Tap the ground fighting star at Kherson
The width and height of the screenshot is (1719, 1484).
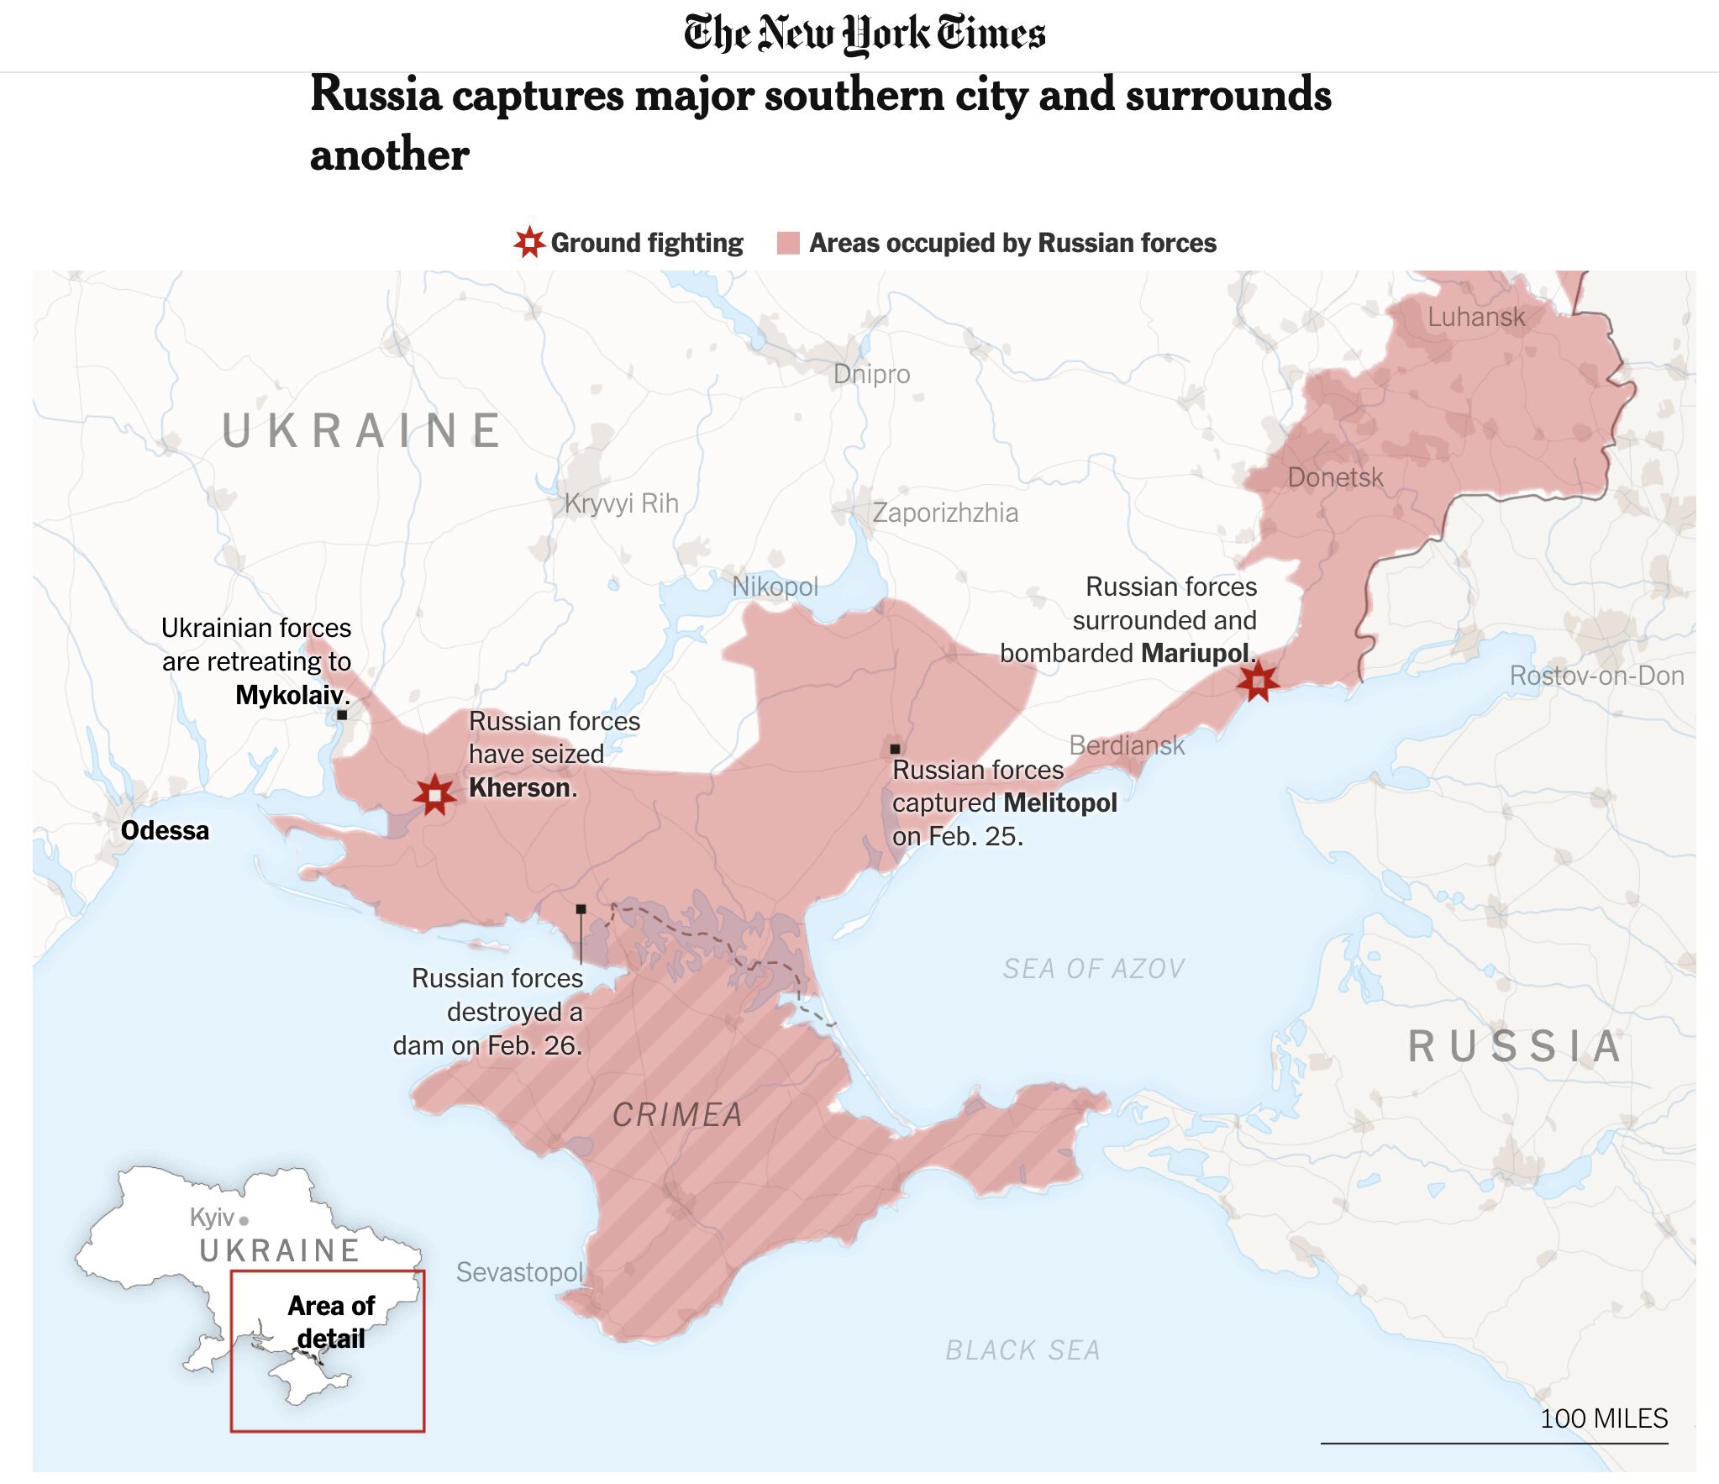[x=434, y=794]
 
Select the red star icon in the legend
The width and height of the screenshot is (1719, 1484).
[x=529, y=243]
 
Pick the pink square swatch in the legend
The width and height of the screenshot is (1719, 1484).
[x=788, y=243]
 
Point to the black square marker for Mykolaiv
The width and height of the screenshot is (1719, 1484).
[x=342, y=715]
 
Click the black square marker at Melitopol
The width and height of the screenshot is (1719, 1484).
[x=895, y=749]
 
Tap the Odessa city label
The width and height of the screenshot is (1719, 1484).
[x=165, y=830]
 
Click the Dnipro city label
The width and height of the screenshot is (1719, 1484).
[x=871, y=374]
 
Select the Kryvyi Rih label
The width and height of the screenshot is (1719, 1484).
[x=621, y=503]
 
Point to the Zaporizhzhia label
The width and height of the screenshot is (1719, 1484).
[x=944, y=513]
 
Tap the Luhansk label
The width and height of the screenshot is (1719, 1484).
[x=1475, y=317]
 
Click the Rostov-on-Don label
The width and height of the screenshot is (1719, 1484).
[x=1595, y=676]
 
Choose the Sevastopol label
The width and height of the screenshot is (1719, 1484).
[x=519, y=1272]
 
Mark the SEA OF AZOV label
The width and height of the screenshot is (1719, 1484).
[x=1093, y=969]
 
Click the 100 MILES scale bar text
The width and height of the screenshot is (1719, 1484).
[x=1603, y=1418]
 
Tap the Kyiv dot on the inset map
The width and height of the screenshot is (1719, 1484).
[x=244, y=1220]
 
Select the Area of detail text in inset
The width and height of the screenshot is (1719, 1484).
[x=331, y=1322]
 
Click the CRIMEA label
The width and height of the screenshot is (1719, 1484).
[x=677, y=1115]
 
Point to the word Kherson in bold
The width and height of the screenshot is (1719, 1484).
[x=520, y=787]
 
